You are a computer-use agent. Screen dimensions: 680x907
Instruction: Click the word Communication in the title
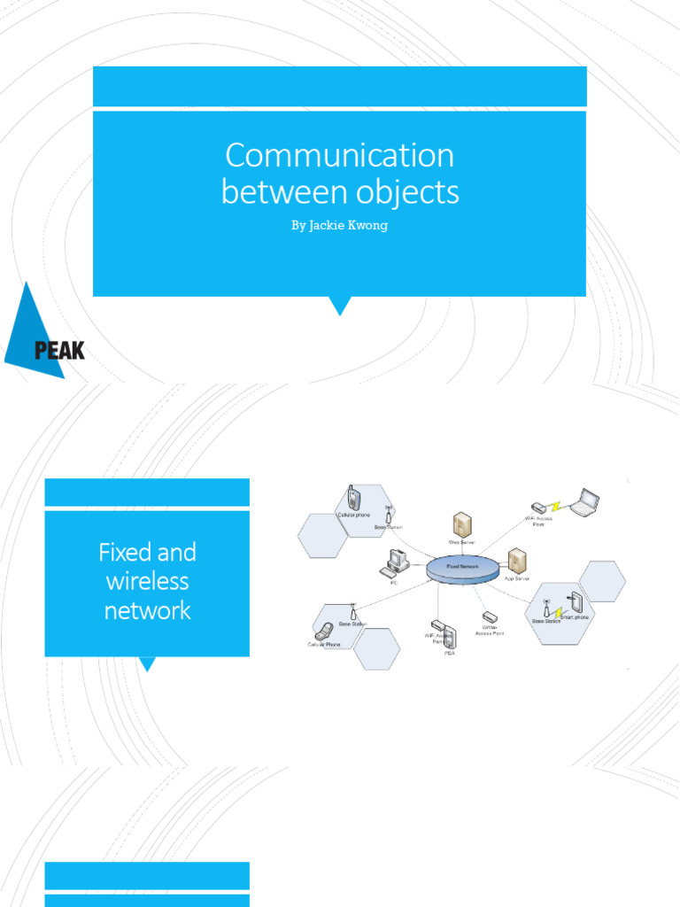[x=339, y=156]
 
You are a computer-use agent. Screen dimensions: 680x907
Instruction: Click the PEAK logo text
[x=59, y=351]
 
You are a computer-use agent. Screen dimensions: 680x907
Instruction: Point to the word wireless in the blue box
[x=147, y=582]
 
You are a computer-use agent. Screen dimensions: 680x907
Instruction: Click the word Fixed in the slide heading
[x=122, y=553]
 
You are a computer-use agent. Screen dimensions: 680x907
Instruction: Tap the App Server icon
[x=517, y=561]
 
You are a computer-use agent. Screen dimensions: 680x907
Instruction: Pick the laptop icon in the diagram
[x=584, y=502]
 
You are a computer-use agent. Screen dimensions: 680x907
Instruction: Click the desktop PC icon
[x=394, y=563]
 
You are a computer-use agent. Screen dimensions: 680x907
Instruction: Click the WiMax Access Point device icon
[x=490, y=616]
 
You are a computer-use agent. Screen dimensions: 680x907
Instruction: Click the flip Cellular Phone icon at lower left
[x=325, y=632]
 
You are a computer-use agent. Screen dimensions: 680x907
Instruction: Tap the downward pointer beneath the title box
[x=339, y=306]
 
